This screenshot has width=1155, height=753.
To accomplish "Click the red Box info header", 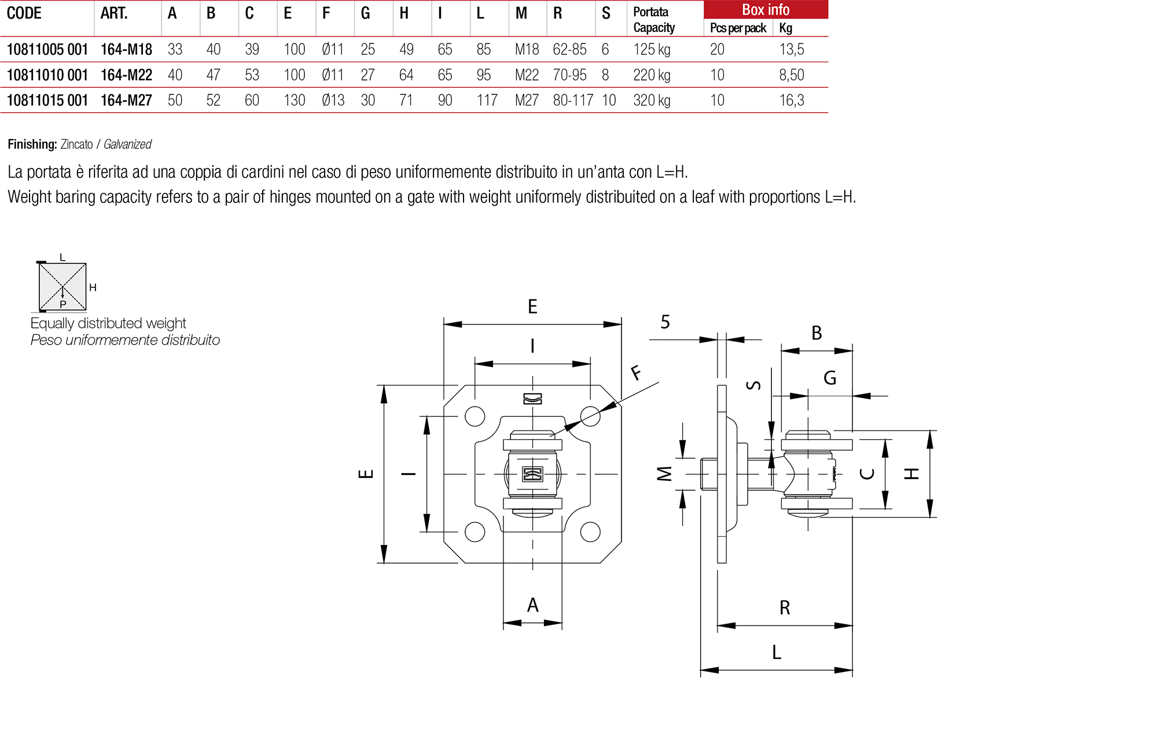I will click(x=765, y=10).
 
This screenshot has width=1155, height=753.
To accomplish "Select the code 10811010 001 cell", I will click(x=47, y=75).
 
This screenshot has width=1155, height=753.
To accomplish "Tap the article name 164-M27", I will click(x=126, y=101).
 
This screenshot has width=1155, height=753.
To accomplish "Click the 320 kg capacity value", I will click(x=652, y=101).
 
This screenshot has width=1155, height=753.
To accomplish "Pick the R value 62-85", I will click(x=569, y=50).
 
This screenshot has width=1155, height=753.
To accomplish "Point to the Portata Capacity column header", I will click(x=654, y=20).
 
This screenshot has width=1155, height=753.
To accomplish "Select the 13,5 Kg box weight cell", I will click(x=791, y=50).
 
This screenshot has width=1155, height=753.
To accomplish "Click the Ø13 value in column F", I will click(x=333, y=101).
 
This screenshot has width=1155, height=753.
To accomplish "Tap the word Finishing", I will click(x=32, y=144).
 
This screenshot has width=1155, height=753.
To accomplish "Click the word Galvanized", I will click(x=127, y=144).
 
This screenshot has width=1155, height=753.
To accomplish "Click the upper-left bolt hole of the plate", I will click(x=474, y=416).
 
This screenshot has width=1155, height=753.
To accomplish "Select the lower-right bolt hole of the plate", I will click(x=590, y=532).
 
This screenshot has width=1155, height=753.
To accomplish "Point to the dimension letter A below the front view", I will click(x=532, y=605).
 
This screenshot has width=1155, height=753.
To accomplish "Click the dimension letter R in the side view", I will click(x=784, y=608).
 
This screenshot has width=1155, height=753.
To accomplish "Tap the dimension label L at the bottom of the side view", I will click(x=777, y=653).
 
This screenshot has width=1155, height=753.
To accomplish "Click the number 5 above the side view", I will click(x=665, y=322).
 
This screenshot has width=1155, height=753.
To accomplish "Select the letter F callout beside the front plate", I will click(x=636, y=372).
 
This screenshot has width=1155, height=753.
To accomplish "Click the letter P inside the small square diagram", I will click(x=63, y=304).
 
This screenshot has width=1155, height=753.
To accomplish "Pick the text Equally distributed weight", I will click(x=108, y=323).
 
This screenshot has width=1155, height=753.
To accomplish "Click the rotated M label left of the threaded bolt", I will click(x=665, y=474).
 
